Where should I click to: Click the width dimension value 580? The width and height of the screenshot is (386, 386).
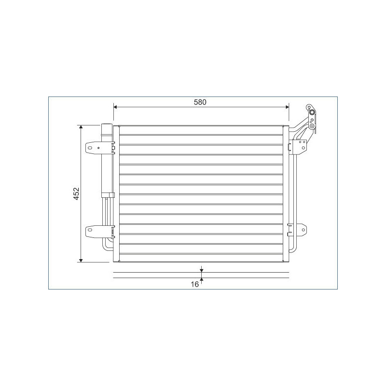pos(200,102)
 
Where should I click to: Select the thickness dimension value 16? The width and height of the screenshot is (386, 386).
pos(194,285)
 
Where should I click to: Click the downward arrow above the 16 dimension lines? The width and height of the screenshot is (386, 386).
pos(202,270)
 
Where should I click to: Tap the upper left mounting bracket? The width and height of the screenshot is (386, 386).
pos(93,148)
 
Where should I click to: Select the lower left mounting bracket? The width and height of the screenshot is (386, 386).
pos(93,232)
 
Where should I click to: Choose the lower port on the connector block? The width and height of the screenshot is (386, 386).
pos(312,126)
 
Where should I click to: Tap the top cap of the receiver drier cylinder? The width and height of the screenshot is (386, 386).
pos(106,127)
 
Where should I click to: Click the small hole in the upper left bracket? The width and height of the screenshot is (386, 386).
pos(98,148)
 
